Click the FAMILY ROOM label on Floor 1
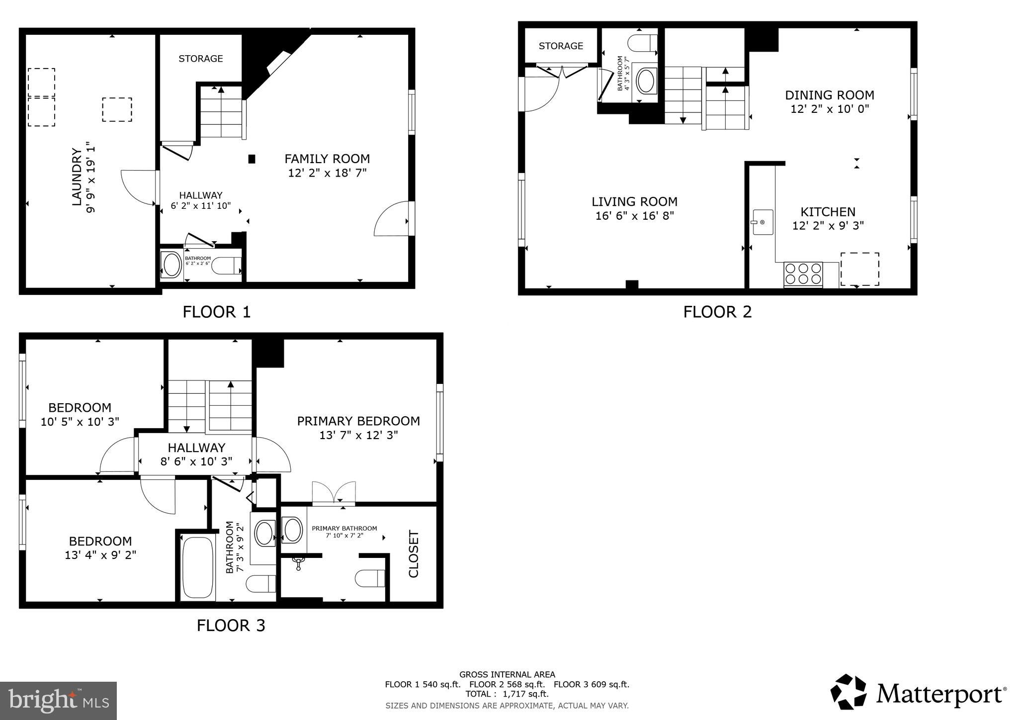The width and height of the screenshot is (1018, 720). click(327, 159)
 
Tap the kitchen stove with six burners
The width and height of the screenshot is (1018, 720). click(803, 274)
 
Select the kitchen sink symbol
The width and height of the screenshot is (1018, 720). click(762, 222)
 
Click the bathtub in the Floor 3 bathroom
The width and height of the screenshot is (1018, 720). click(197, 567)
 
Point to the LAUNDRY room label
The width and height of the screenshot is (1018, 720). click(77, 177)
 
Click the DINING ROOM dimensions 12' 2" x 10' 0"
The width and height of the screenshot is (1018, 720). click(830, 109)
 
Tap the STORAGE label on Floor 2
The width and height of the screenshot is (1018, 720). click(561, 46)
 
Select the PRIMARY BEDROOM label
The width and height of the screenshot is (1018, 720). click(358, 421)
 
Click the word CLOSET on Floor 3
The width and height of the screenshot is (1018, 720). click(414, 554)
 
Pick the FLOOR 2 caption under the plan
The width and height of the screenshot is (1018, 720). click(717, 312)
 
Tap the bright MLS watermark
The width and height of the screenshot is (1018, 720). click(59, 700)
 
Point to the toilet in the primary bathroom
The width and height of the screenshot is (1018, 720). click(370, 578)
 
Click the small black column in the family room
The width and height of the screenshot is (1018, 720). click(252, 159)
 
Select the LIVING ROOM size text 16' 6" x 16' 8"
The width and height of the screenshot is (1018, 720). click(634, 216)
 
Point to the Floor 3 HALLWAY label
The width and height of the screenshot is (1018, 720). click(196, 448)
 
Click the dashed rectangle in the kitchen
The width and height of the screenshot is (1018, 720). click(859, 269)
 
